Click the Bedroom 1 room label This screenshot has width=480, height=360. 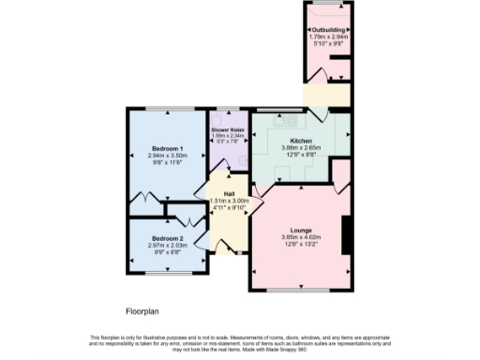pos(169,148)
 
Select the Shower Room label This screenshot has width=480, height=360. pos(228,129)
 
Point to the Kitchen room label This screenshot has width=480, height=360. pos(300,141)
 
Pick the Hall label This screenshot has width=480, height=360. pos(228,193)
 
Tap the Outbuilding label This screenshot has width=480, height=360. pos(328,30)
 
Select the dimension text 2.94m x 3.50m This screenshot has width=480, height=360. pos(169,156)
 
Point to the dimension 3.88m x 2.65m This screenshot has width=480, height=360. pos(300,147)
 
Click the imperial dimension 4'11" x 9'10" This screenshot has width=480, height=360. pos(228,207)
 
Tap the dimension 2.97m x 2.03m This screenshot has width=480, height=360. pos(170,246)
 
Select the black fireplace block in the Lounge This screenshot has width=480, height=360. pos(347,234)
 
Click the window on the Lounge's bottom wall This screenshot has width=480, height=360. pos(300,290)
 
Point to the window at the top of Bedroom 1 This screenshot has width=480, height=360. pos(169,111)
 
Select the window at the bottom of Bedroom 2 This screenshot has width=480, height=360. pos(170,272)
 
